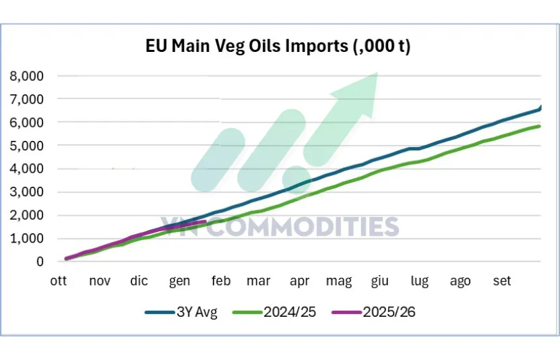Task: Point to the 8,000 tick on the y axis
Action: [x=26, y=76]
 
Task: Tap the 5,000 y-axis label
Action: [x=26, y=146]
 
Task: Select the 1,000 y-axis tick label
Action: [x=26, y=239]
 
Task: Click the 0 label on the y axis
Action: [x=40, y=262]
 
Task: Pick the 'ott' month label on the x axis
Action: [x=57, y=281]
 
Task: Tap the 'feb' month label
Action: [x=221, y=281]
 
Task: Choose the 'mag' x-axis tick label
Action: [x=338, y=281]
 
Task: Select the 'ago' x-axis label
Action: [x=460, y=281]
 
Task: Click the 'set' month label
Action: [x=502, y=281]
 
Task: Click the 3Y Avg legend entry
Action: [x=181, y=312]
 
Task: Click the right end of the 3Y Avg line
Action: [x=542, y=107]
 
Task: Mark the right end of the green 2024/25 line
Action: [x=540, y=126]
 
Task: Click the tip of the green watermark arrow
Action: [x=377, y=73]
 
